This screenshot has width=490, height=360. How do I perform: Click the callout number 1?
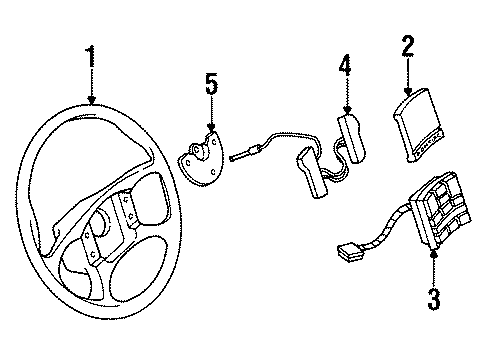click(x=91, y=57)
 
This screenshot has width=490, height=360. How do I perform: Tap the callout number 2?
click(x=408, y=45)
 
